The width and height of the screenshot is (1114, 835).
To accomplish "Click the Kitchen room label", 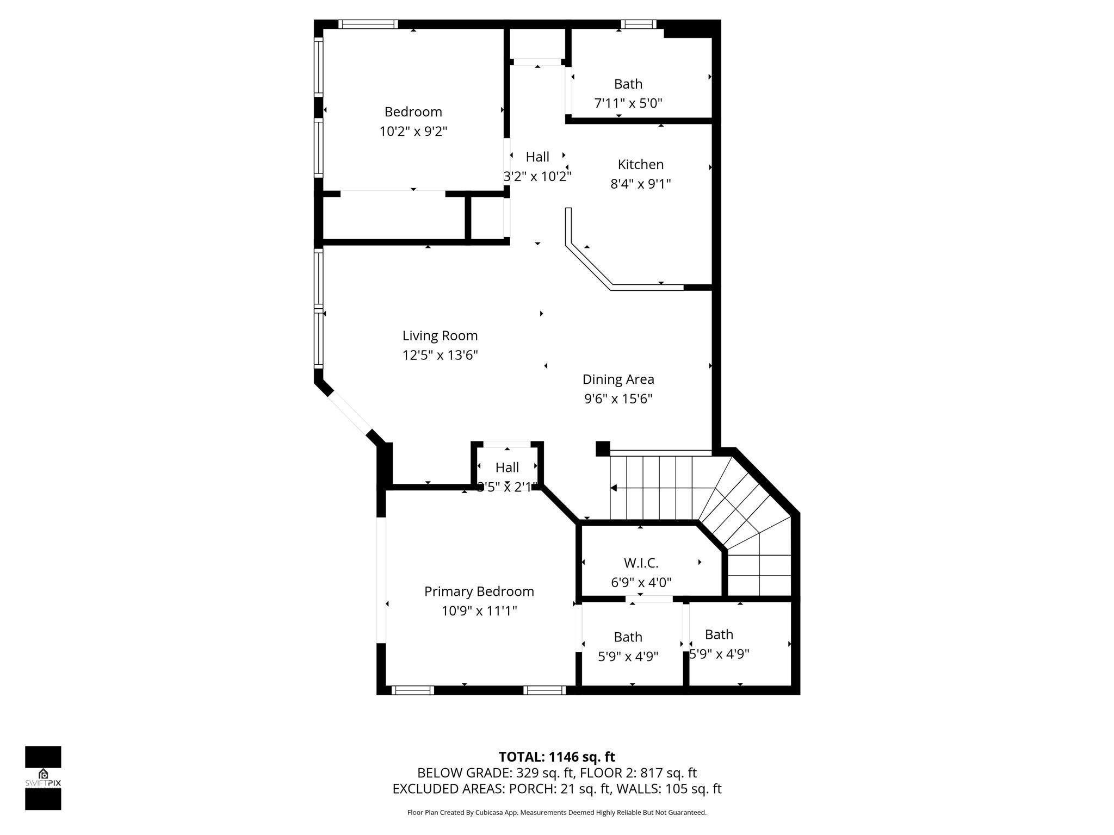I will (640, 164).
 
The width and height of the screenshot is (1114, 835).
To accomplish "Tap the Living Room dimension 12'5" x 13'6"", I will (440, 355).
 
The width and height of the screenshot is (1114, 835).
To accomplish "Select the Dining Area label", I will (618, 379).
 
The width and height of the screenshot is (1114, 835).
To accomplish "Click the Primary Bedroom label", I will (479, 591).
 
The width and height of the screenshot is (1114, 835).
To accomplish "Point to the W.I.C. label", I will (641, 563).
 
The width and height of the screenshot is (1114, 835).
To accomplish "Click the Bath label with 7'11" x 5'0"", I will (628, 84).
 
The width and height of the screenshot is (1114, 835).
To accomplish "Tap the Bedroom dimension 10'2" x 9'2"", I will (413, 131).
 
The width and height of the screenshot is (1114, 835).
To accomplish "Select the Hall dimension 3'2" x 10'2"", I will (537, 177).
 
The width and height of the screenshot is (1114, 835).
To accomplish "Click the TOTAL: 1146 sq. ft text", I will (556, 757).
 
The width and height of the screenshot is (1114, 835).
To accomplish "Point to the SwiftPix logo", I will (43, 777).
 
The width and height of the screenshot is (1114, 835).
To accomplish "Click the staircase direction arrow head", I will (614, 488).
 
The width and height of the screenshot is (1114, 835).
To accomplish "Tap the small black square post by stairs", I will (603, 448).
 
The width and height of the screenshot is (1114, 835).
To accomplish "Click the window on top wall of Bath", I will (639, 24).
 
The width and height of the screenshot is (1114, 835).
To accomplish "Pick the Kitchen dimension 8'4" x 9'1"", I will (640, 184).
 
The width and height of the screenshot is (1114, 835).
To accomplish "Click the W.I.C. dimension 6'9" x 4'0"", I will (641, 582).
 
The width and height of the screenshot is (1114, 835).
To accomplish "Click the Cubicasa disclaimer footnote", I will (556, 813).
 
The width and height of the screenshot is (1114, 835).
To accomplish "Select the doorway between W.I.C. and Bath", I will (649, 599).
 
